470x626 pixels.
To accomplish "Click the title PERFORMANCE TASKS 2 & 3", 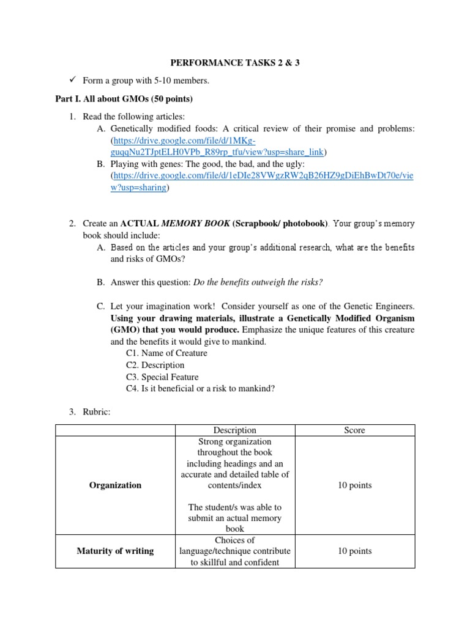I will click(x=234, y=63).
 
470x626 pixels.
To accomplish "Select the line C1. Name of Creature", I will click(x=166, y=353).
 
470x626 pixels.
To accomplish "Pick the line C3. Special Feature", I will click(x=162, y=377).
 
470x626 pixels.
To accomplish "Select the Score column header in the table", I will click(x=354, y=430).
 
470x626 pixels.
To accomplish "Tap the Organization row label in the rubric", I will click(x=115, y=485).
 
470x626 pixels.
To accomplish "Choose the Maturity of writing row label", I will click(x=115, y=551).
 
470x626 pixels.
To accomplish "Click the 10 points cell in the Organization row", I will click(x=354, y=485).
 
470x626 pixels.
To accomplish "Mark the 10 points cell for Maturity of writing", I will click(x=354, y=551).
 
